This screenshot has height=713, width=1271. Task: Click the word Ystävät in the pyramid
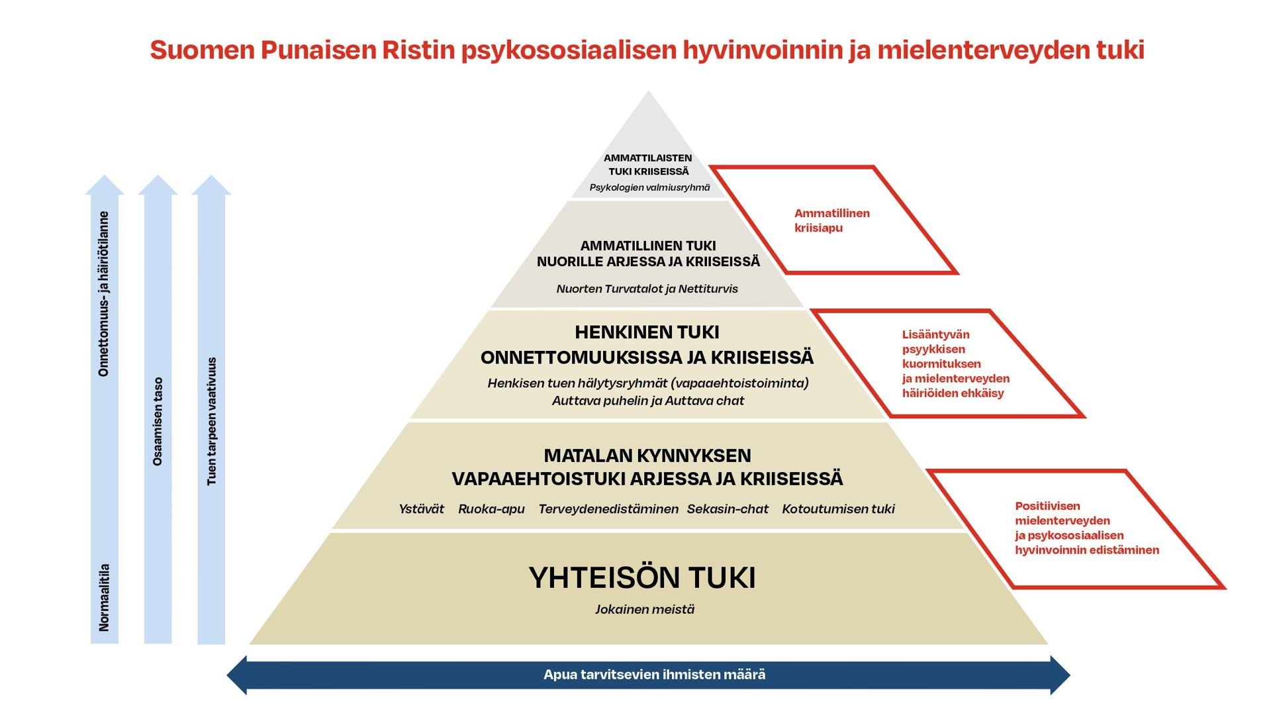421,509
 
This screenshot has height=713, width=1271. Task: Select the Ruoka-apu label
491,509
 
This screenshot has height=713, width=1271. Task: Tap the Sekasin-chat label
728,509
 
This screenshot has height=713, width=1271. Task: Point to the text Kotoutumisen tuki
838,509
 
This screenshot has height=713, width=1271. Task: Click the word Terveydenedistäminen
608,509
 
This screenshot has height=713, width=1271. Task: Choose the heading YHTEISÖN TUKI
642,578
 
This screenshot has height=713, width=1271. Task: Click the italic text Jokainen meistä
645,610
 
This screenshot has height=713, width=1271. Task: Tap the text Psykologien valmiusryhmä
649,187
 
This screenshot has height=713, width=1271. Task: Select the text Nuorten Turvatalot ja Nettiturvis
647,289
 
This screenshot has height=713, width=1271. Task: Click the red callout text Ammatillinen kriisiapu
832,220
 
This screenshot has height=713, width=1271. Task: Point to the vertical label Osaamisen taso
158,422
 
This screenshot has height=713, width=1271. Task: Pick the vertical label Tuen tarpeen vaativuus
212,422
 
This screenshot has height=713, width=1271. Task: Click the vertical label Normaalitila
104,597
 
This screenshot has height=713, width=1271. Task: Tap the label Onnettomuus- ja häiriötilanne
104,294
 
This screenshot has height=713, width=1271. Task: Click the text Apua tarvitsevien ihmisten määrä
654,675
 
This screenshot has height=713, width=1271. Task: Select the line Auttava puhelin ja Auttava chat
648,401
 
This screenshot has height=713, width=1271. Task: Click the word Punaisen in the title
318,50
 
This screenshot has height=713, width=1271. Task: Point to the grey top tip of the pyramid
649,113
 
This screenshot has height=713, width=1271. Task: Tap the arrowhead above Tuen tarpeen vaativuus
211,185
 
